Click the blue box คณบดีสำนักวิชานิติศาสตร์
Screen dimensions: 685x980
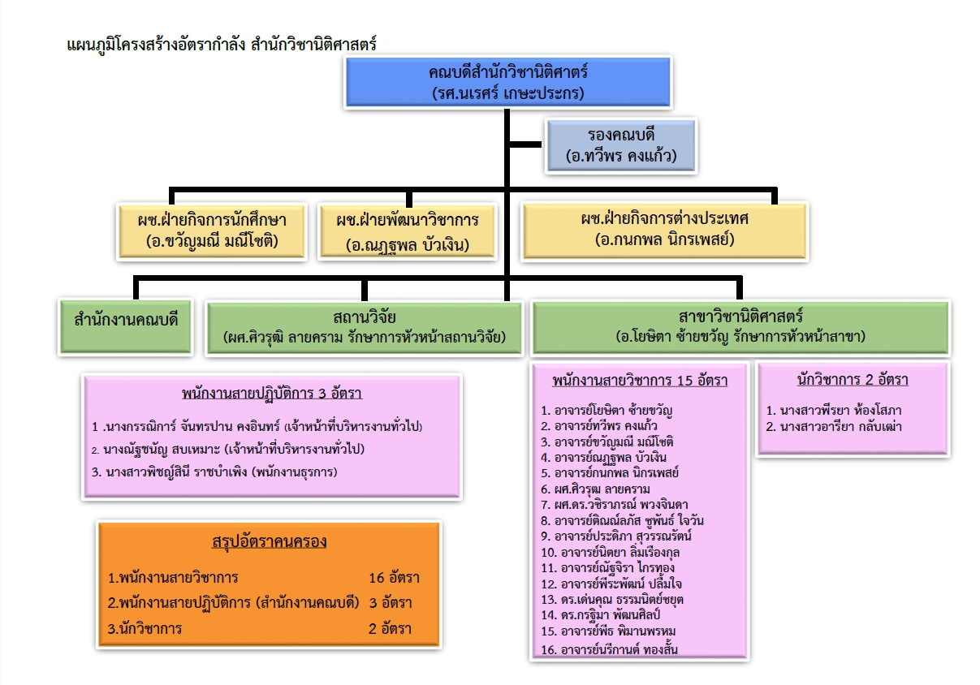[x=508, y=82]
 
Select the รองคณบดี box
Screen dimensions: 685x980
[x=621, y=144]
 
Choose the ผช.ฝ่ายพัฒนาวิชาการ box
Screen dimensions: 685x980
[x=408, y=230]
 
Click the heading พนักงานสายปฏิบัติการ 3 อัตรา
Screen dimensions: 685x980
[x=272, y=394]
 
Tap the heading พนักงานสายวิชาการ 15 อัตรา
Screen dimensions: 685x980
[x=639, y=380]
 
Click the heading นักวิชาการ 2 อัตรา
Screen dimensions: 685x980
[x=853, y=380]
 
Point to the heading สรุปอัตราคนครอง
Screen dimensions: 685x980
[x=269, y=541]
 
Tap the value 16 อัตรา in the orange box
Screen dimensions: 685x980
[x=394, y=579]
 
